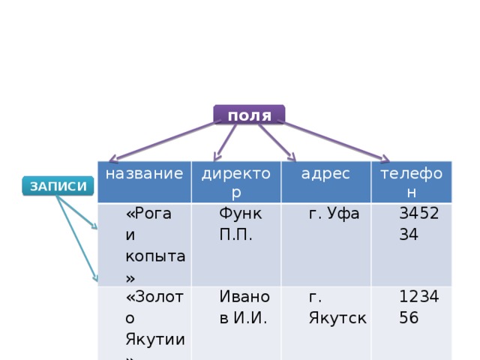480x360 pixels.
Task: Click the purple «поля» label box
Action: [x=249, y=115]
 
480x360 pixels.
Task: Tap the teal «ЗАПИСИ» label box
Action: [x=58, y=186]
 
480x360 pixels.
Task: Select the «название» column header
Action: [x=145, y=181]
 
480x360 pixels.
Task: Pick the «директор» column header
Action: [x=236, y=181]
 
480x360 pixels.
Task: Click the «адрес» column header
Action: [x=325, y=181]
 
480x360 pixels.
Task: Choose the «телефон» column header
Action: [x=412, y=181]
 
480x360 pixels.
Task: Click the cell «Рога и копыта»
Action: [x=145, y=244]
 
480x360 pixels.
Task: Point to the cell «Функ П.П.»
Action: [x=236, y=244]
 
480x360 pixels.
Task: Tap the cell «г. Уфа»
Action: [x=325, y=244]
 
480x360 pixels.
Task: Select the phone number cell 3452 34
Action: [x=412, y=244]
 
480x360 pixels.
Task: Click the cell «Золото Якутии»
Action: [x=145, y=323]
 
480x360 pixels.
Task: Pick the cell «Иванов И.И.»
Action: [x=236, y=323]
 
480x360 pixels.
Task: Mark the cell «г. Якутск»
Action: [x=325, y=323]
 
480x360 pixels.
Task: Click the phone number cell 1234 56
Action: [x=412, y=323]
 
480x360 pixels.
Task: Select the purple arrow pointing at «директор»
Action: [x=225, y=142]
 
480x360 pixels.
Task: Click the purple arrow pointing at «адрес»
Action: [x=277, y=142]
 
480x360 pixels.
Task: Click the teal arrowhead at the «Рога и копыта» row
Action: [x=94, y=226]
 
